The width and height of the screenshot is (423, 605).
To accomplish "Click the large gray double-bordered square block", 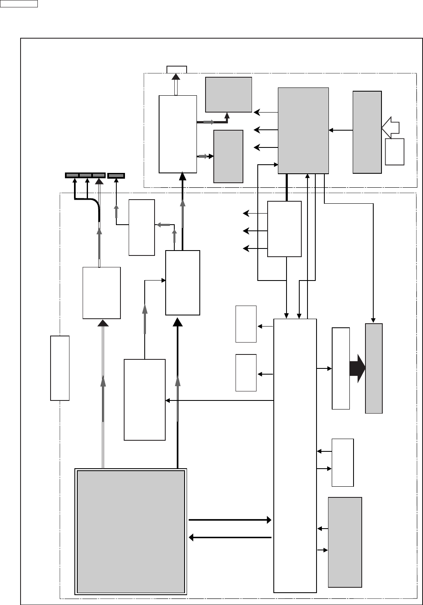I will pyautogui.click(x=131, y=531).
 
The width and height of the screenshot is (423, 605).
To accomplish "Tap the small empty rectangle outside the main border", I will pyautogui.click(x=19, y=4).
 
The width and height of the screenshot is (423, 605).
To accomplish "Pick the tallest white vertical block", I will pyautogui.click(x=295, y=455).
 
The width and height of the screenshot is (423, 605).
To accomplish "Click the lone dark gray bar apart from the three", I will pyautogui.click(x=116, y=175).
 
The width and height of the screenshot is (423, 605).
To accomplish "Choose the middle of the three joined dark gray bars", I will pyautogui.click(x=86, y=175).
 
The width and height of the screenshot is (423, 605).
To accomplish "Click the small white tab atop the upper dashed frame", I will pyautogui.click(x=176, y=69).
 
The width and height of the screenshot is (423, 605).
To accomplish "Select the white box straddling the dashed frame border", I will pyautogui.click(x=60, y=368).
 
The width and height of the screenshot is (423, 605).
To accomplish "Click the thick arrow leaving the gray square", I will pyautogui.click(x=230, y=520).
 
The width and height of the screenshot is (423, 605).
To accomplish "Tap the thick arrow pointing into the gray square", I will pyautogui.click(x=230, y=537).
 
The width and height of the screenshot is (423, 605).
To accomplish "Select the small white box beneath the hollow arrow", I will pyautogui.click(x=395, y=152).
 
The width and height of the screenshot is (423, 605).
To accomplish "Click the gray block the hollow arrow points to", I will pyautogui.click(x=367, y=132).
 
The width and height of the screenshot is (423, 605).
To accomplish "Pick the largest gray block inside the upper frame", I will pyautogui.click(x=303, y=130).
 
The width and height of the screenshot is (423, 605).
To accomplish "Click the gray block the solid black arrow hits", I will pyautogui.click(x=374, y=368).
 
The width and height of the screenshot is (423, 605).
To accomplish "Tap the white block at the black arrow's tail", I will pyautogui.click(x=341, y=368).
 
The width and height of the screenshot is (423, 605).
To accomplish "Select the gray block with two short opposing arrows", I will pyautogui.click(x=345, y=542).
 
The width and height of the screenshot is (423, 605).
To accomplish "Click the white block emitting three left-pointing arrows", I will pyautogui.click(x=284, y=229).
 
